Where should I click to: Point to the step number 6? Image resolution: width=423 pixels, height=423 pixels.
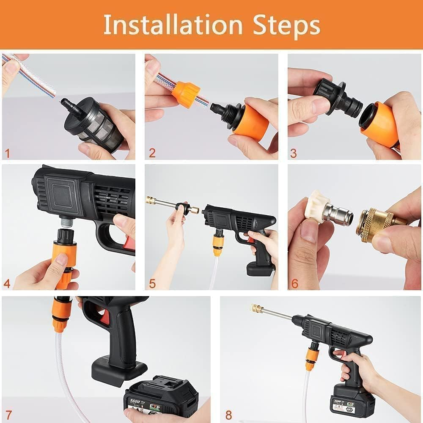[x=295, y=283]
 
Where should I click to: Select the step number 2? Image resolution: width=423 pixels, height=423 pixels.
[x=152, y=153]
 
